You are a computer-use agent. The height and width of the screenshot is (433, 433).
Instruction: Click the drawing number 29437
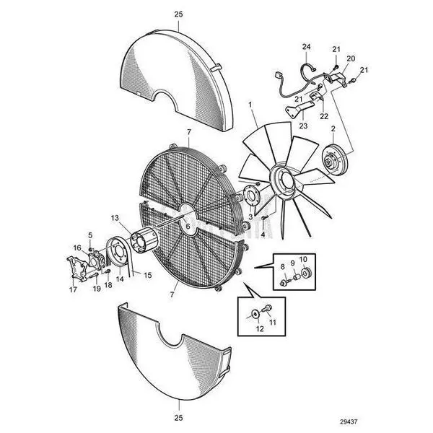tap(349, 421)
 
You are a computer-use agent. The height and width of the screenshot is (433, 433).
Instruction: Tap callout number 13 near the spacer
tap(115, 218)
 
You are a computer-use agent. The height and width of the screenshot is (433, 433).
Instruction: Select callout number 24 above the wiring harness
tap(306, 47)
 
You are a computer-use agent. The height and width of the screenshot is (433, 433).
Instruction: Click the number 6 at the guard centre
tap(188, 227)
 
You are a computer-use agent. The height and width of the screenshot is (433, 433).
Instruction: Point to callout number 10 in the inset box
tap(303, 259)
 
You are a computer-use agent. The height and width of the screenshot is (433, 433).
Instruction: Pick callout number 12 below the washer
tap(260, 328)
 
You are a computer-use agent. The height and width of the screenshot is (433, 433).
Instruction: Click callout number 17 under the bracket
tap(73, 289)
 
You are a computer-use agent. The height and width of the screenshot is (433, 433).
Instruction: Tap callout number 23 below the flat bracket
tap(303, 126)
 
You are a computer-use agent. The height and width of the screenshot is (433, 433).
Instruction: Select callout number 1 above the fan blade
tap(250, 105)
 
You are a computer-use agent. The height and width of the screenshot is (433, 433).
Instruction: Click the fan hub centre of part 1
tap(286, 180)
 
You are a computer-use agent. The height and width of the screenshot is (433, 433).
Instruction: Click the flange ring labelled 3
tap(250, 196)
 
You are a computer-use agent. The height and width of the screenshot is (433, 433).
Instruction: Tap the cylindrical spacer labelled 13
tap(144, 242)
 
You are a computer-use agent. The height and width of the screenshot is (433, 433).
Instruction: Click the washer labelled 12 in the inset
tap(255, 313)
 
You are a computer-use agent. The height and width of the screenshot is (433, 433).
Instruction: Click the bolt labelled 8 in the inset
tap(284, 282)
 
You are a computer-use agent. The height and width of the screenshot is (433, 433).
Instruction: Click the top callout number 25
tap(179, 14)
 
